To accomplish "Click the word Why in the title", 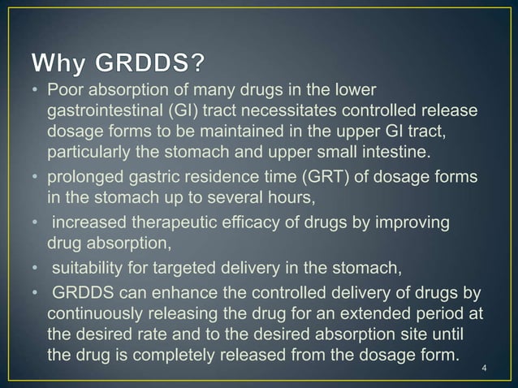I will tap(62, 63).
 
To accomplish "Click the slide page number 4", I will tap(484, 372).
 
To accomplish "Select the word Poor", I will tap(65, 89).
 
